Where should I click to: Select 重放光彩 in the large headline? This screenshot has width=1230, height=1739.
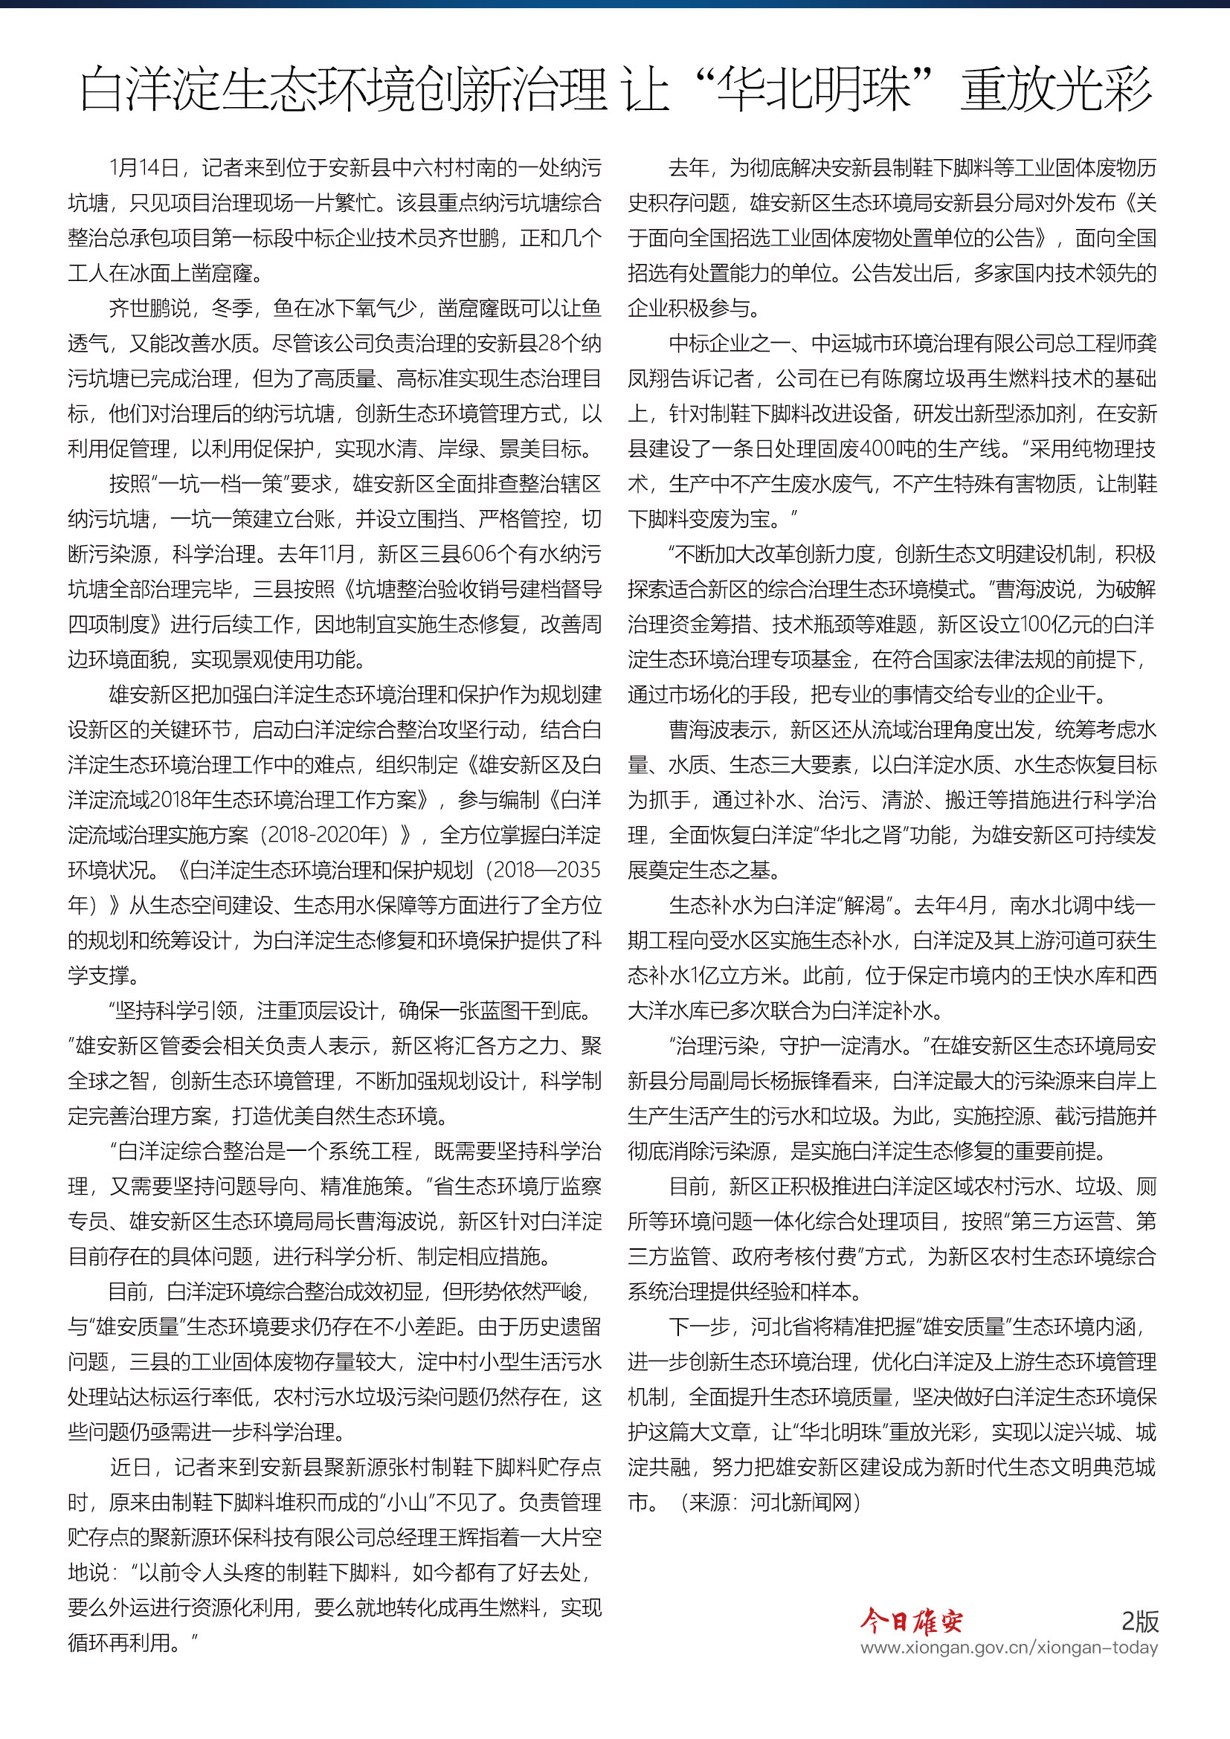point(1057,89)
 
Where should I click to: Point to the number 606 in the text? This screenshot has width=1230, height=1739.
point(480,554)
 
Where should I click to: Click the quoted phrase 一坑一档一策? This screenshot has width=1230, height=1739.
point(219,483)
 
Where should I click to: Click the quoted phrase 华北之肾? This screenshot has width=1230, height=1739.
point(851,835)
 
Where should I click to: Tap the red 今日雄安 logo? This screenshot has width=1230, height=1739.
point(911,1622)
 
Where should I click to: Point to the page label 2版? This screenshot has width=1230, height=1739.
point(1139,1622)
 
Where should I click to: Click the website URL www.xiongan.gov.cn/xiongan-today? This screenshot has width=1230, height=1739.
point(1009,1648)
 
